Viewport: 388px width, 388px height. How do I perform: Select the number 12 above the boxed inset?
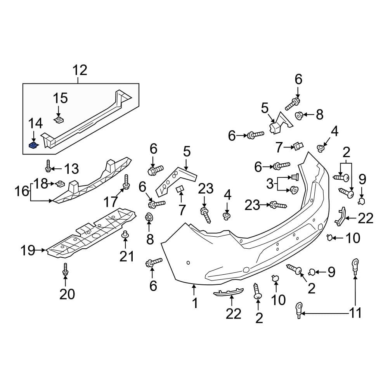tap(80, 70)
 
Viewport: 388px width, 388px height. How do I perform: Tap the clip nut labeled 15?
tap(59, 120)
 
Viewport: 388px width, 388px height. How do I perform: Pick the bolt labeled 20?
tap(65, 270)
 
